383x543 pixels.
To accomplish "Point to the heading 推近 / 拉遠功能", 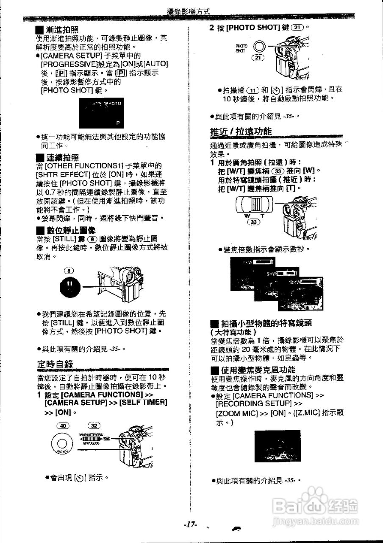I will (x=241, y=132).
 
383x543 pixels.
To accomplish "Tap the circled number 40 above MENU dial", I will (x=64, y=425).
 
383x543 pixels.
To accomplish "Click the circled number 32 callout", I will (x=94, y=425).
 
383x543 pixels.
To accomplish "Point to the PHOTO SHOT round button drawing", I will (x=259, y=47).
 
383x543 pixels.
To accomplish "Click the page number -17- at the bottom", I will (x=191, y=525).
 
